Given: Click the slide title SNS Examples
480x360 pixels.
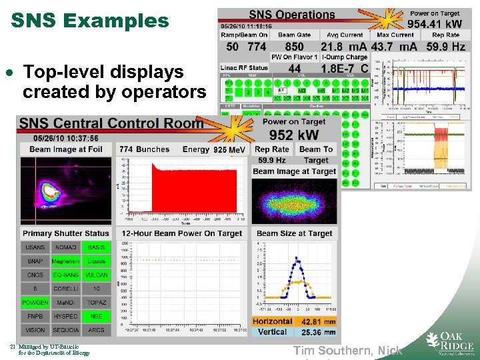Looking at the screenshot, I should pos(90,21).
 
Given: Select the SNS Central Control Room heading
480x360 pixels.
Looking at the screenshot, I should pos(111,123).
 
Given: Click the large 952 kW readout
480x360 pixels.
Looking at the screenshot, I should pos(295,135).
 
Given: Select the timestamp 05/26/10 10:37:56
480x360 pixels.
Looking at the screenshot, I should pos(61,138).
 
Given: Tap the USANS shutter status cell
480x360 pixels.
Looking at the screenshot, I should pos(35,247).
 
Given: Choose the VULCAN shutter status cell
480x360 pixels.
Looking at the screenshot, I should pos(97,275).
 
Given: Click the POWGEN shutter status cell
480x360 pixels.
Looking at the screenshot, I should pos(35,303).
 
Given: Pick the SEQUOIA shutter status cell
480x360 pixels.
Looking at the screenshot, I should pos(66,330).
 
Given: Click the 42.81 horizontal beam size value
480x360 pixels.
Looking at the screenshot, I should pos(311,322).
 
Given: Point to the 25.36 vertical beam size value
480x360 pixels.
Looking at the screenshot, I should pos(311,332).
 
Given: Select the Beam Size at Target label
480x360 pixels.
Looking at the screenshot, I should pos(294,233).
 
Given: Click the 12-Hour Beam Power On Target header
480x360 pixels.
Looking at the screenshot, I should pos(181,233).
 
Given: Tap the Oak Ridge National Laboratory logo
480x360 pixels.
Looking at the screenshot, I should pos(450,341).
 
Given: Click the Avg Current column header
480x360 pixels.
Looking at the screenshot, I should pos(345,35).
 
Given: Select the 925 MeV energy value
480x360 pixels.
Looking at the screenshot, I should pos(229,150).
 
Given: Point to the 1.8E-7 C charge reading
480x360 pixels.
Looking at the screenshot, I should pos(345,68).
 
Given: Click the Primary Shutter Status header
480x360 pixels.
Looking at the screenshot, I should pos(65,233).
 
